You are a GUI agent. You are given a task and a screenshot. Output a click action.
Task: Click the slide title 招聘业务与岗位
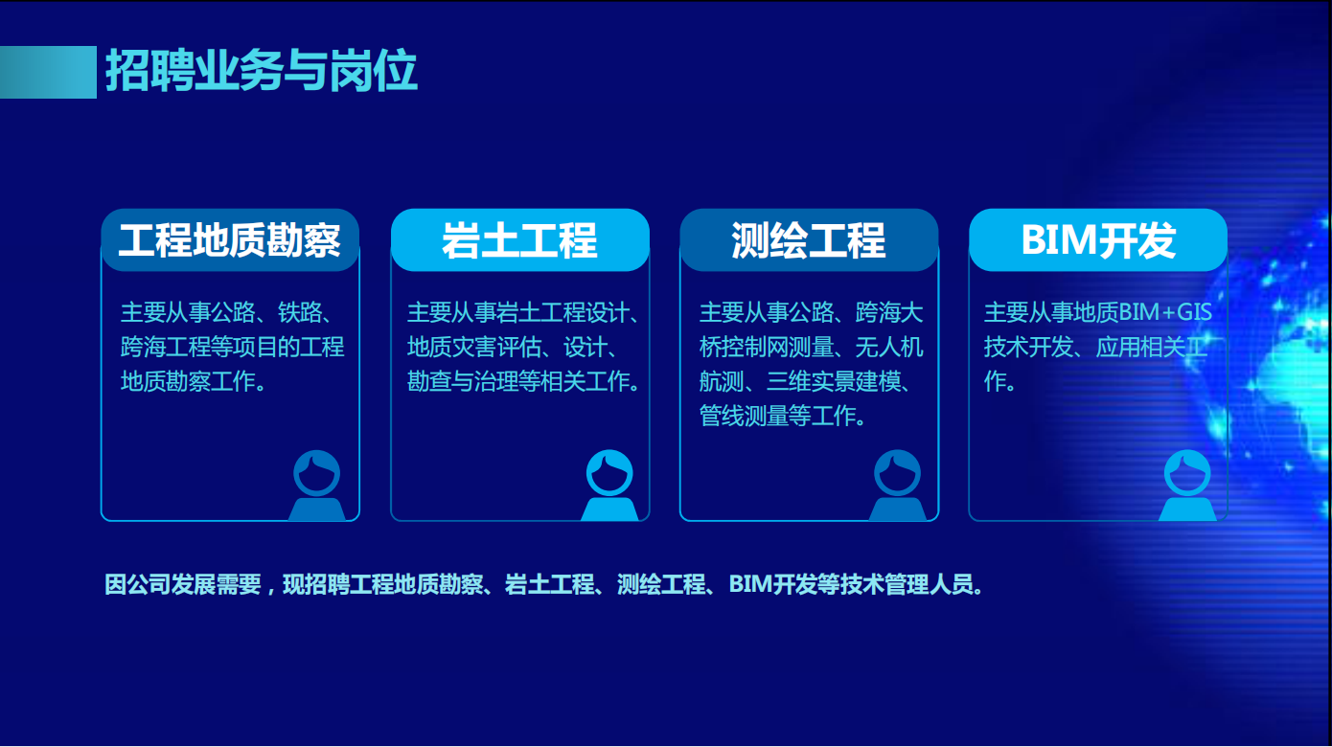[x=261, y=71]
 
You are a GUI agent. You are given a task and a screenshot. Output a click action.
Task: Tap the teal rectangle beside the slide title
[x=48, y=72]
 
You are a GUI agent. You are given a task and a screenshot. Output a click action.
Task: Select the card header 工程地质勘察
[x=230, y=240]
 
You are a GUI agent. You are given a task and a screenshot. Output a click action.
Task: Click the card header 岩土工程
[x=519, y=240]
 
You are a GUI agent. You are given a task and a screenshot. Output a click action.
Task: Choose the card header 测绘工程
[x=809, y=240]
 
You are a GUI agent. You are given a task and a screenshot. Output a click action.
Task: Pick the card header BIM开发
[x=1098, y=240]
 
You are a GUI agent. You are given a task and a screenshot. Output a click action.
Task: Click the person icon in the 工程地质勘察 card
[x=316, y=486]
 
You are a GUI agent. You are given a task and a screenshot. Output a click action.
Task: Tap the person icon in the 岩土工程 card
[x=609, y=486]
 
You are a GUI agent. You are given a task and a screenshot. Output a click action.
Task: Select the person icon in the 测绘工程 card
[x=897, y=486]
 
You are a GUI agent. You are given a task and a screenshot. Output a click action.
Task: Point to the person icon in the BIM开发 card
[x=1187, y=486]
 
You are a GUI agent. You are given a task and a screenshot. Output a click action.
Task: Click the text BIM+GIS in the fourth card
[x=1165, y=312]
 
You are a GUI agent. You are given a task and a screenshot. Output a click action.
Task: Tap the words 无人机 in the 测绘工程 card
[x=889, y=347]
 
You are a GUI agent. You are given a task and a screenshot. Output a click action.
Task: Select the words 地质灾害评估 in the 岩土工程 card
[x=474, y=347]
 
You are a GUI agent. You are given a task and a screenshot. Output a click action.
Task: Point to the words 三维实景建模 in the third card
[x=834, y=381]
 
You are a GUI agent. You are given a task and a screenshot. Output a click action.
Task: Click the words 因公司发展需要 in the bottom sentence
[x=183, y=585]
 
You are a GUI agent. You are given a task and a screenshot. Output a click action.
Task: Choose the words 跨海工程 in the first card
[x=166, y=347]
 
